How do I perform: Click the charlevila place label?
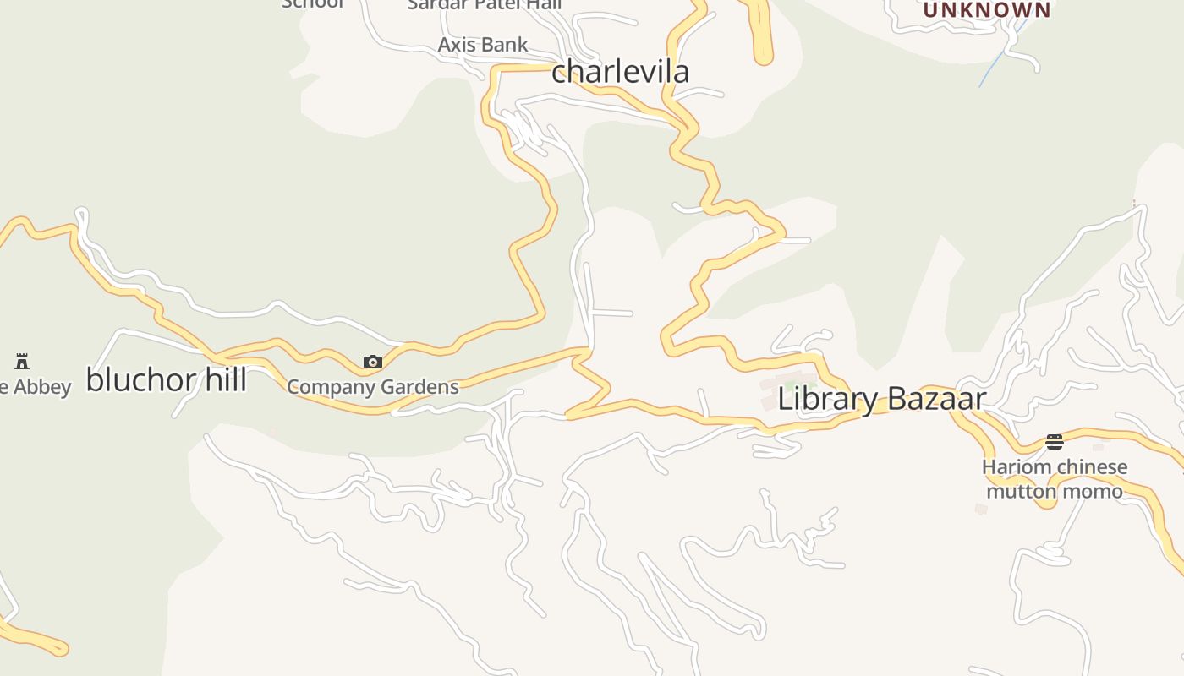click(620, 71)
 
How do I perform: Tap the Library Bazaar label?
click(881, 399)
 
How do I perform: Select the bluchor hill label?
click(167, 380)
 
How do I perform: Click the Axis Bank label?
click(483, 45)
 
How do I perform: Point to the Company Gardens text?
click(373, 387)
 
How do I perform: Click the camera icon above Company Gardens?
click(373, 363)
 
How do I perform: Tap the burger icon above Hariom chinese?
click(1054, 442)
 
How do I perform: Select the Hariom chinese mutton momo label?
click(1055, 479)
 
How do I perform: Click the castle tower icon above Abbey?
click(22, 362)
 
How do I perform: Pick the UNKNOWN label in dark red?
click(987, 10)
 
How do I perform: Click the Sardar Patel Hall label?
click(485, 4)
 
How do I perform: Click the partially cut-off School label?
click(313, 3)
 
